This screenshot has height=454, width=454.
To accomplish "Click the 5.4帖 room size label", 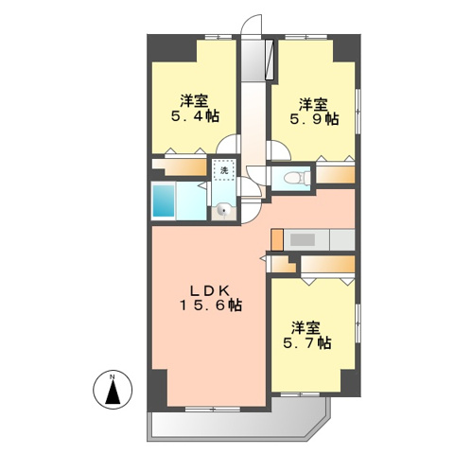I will pyautogui.click(x=196, y=117).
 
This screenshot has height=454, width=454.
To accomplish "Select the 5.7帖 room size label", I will pyautogui.click(x=308, y=343).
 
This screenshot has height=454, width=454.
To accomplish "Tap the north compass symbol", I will pyautogui.click(x=113, y=389).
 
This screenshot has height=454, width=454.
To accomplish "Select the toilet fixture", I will pyautogui.click(x=294, y=176).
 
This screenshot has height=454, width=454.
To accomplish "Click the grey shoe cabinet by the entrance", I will pyautogui.click(x=257, y=61).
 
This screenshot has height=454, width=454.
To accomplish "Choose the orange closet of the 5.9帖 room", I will pyautogui.click(x=336, y=174).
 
